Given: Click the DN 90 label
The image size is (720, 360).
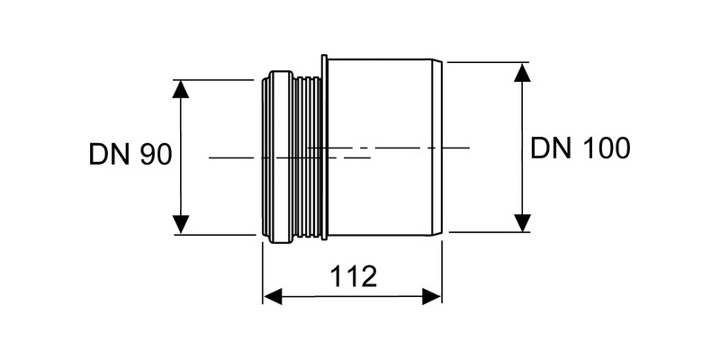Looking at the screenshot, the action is point(130,154).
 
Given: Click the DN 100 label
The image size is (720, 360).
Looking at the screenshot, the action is point(580,148).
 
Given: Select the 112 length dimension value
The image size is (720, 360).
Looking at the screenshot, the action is point(354,276).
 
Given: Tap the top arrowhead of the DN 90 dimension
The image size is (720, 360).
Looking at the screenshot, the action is point(181,89).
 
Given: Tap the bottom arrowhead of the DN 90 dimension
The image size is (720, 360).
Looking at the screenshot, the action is point(181,224).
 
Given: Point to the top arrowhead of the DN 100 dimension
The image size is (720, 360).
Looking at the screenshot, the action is point(522,73).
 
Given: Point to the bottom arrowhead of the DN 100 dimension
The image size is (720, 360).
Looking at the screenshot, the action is point(522,222).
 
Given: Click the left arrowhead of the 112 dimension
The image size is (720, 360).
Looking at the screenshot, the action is point(273,297).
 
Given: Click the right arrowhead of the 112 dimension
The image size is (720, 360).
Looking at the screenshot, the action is point(432,297).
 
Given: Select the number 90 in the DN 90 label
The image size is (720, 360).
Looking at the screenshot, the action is point(155,154).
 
